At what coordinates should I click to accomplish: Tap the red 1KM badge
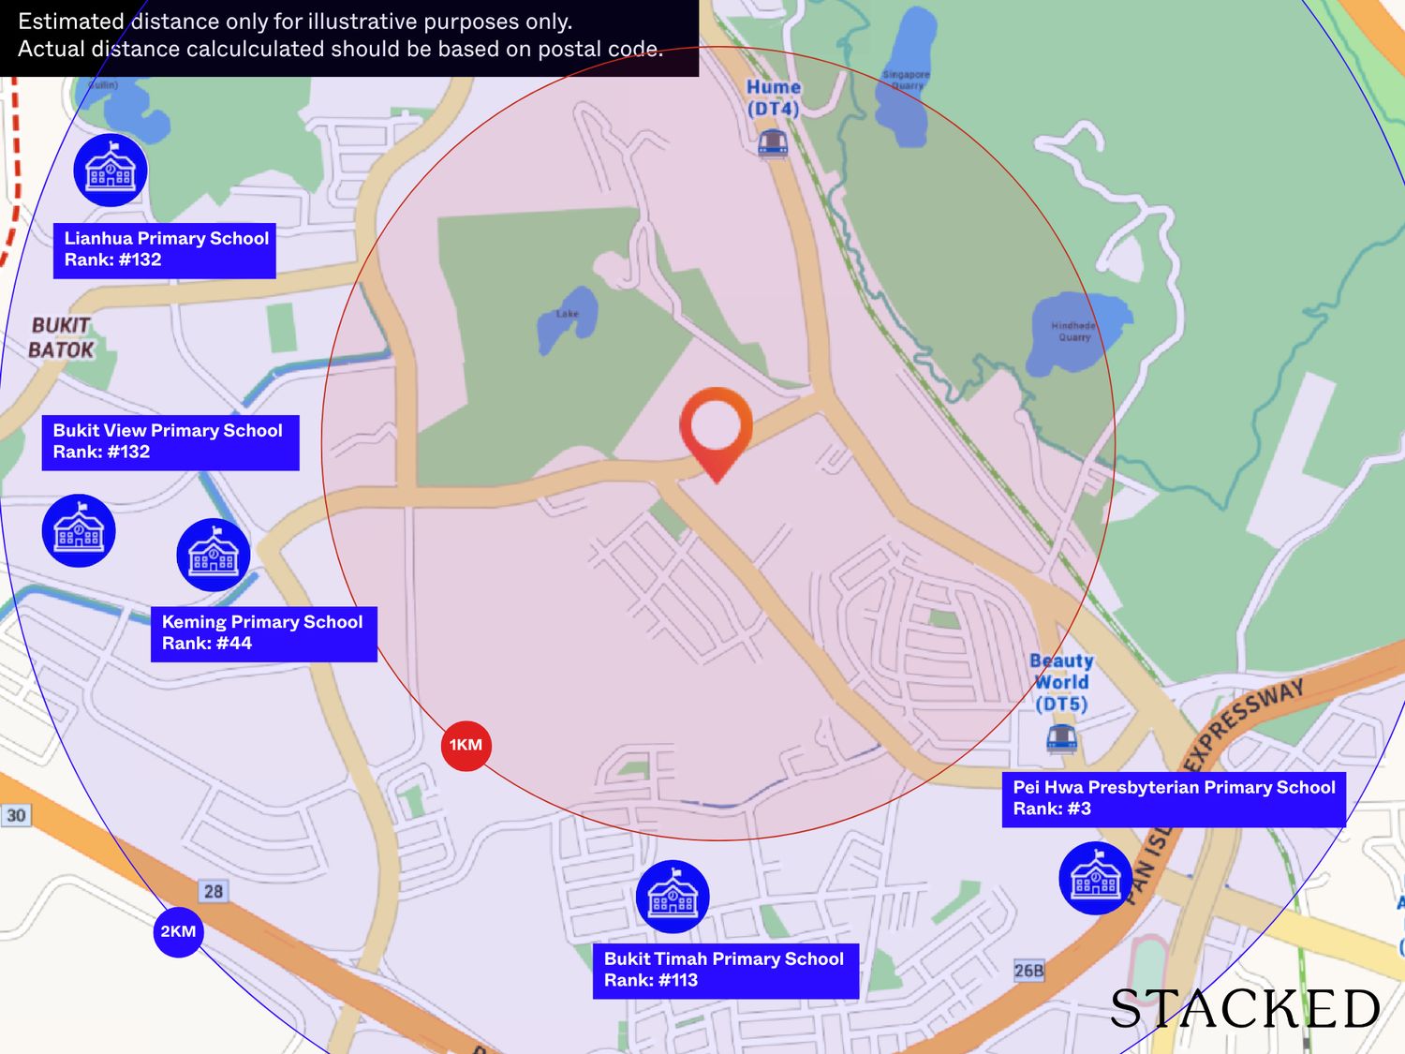pos(466,746)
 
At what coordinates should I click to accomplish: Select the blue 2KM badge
pos(178,931)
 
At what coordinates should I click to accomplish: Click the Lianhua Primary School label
pos(165,250)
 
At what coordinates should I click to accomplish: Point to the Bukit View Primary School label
pos(170,442)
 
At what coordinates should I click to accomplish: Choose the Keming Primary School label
pos(263,633)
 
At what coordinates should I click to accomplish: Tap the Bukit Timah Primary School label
pos(725,971)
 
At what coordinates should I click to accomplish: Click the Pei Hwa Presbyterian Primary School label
pos(1173,799)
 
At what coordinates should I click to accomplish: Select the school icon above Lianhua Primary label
pos(111,171)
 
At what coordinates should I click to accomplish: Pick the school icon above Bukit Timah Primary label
pos(673,897)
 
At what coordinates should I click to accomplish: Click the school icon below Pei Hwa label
pos(1095,878)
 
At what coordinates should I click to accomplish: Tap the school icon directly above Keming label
pos(214,555)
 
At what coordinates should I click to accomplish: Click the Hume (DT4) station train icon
pos(773,142)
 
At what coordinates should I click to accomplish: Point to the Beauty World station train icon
pos(1061,737)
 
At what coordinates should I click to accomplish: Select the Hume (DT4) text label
pos(774,97)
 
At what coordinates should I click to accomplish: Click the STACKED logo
pos(1245,1009)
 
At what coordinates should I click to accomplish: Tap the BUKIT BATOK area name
pos(61,338)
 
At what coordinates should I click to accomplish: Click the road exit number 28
pos(214,891)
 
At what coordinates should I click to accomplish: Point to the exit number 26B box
pos(1028,971)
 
